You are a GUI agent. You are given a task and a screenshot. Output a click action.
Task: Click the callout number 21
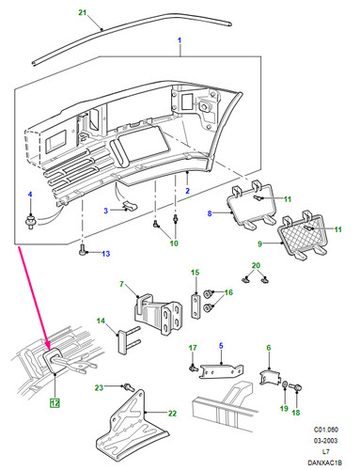coord(82,12)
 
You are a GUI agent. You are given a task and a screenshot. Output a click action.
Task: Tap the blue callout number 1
coord(180,40)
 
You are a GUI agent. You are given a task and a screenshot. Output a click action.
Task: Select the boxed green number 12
coord(55,403)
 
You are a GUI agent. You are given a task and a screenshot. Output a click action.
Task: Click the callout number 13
coord(106,254)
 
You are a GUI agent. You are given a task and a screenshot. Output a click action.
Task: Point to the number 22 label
coord(172,414)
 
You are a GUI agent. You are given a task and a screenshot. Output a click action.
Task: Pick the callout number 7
coord(122,284)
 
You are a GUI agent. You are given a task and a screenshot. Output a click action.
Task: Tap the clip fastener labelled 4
coord(31,221)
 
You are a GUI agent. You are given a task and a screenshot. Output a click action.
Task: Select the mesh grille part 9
coord(304,235)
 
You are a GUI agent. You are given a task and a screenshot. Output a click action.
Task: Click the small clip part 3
coord(130,206)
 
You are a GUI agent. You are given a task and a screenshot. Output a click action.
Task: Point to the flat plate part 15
coord(196,306)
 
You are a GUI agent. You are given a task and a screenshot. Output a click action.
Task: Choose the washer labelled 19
coord(286,384)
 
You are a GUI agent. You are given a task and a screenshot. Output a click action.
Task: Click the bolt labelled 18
coord(295,388)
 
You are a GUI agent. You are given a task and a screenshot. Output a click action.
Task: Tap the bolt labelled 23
coord(128,386)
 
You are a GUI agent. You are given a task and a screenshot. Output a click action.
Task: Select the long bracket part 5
coord(221,371)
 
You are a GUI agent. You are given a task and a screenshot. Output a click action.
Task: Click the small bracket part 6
coord(270,377)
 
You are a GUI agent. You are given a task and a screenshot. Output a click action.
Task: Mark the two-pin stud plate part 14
coord(129,340)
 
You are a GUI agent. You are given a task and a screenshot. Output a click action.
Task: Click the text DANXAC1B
coord(324,462)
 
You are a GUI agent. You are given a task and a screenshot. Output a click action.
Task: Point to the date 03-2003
coord(326,441)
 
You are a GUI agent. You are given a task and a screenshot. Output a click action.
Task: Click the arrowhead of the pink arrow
coord(48,347)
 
